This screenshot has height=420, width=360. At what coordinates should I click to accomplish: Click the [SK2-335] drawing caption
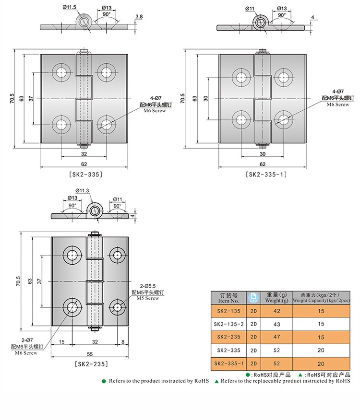86,175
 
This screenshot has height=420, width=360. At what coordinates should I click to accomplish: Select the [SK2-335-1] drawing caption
266,175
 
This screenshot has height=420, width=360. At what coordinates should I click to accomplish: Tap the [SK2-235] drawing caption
92,364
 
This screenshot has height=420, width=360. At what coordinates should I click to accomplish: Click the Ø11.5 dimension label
70,7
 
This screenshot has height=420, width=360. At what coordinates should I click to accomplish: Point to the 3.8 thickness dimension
139,17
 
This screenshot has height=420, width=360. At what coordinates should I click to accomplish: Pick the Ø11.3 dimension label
82,191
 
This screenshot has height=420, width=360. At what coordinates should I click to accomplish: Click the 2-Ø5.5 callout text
147,286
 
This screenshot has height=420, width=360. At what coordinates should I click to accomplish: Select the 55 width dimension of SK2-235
90,354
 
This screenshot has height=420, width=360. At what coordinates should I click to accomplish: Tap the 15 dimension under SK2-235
62,342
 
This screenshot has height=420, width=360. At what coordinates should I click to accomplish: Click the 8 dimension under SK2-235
123,342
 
